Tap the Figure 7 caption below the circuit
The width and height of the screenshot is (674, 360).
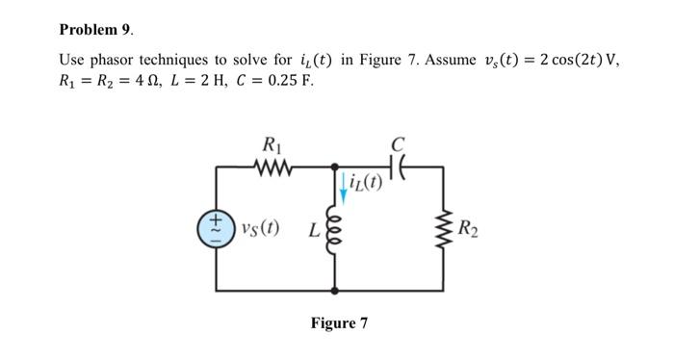pyautogui.click(x=339, y=322)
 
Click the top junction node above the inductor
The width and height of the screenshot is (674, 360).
pyautogui.click(x=334, y=167)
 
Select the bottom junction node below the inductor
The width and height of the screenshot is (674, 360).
pyautogui.click(x=334, y=290)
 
